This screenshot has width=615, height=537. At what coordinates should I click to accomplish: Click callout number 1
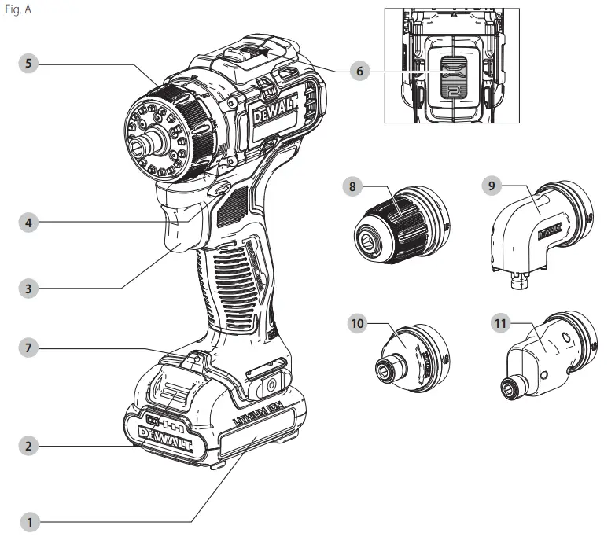(x=30, y=520)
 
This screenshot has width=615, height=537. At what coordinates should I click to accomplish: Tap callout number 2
(x=30, y=445)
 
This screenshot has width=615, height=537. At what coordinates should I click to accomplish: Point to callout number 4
(x=30, y=222)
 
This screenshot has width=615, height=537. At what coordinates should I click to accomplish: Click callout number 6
(x=359, y=71)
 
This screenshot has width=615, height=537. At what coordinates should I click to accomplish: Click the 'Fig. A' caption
(x=17, y=10)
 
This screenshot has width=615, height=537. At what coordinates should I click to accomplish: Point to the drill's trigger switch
(x=182, y=230)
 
